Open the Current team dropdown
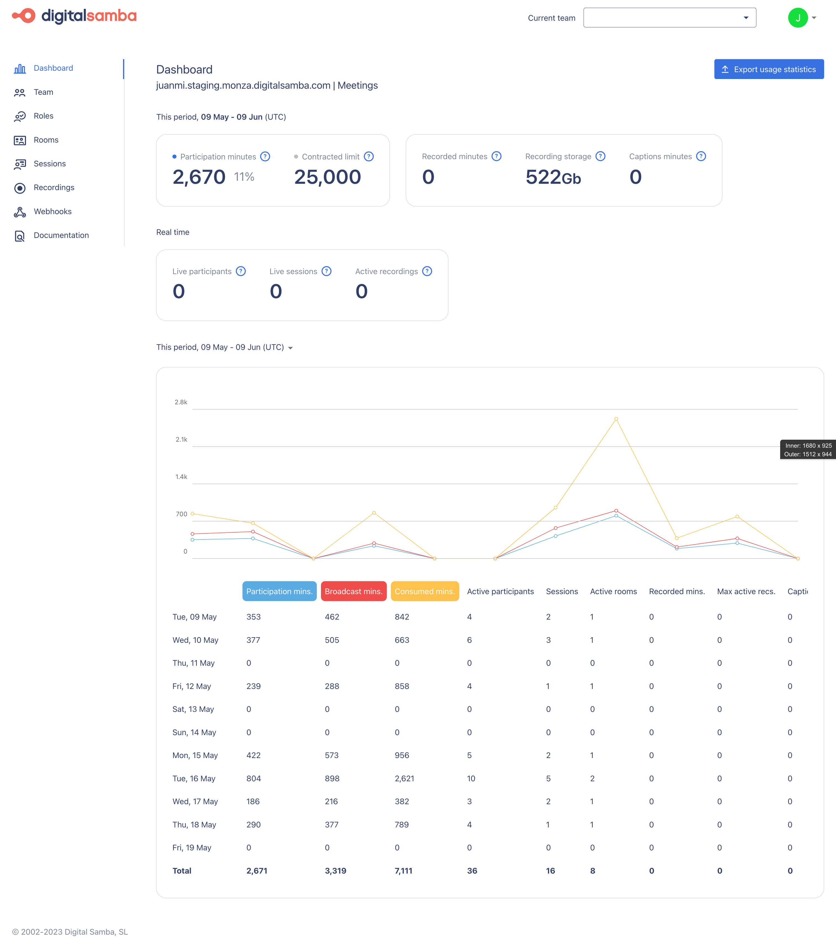coord(669,18)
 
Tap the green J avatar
coord(798,18)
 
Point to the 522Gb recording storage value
coord(553,177)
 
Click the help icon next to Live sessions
coord(326,271)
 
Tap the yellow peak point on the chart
coord(616,419)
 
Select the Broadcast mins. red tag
coord(353,591)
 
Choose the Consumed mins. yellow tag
coord(425,591)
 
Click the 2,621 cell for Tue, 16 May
coord(404,778)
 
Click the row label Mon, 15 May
coord(195,755)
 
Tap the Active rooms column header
coord(613,591)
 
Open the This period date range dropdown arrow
coord(290,348)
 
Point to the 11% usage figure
coord(244,177)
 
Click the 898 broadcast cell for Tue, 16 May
coord(332,778)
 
